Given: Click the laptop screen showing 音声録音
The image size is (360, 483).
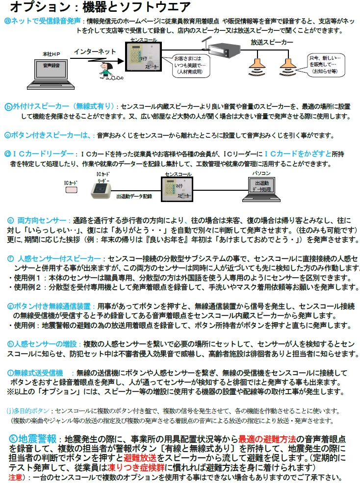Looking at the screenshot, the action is point(51,70).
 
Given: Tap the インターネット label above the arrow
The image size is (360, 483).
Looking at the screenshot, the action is point(95,51).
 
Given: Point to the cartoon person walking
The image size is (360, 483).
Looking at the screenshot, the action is point(106,71).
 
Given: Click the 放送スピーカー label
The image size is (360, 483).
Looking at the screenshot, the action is point(272,42).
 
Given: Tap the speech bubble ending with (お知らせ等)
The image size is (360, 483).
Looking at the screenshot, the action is point(326,65).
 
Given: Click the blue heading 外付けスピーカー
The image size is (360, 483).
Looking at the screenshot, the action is point(41,106).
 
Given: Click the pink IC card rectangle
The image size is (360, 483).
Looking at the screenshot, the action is point(72,190).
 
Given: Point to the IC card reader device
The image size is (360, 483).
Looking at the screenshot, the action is point(101,191).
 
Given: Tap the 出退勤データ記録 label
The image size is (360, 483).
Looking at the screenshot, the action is point(134,196).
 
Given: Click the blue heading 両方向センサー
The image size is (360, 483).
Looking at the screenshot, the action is point(42,221).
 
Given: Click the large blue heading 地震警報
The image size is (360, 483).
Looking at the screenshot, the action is point(37,439).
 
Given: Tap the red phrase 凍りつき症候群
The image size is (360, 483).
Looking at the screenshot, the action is point(136,468).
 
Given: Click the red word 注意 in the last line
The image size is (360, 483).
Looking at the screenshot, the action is point(15,478).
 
